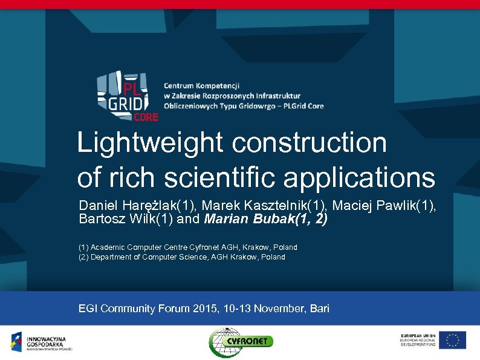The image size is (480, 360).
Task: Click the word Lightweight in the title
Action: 151,143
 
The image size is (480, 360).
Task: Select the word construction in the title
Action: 309,143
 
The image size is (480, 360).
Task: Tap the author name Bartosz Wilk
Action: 117,219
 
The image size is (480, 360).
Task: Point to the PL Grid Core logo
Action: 128,96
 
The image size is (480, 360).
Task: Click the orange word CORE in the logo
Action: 146,117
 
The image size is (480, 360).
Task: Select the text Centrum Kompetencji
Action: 202,86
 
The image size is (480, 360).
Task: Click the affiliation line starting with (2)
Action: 181,257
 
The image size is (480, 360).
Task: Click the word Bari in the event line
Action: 319,309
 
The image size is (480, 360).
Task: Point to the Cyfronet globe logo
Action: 225,342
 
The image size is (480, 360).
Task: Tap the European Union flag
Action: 452,340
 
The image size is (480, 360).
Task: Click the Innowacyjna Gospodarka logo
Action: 41,342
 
